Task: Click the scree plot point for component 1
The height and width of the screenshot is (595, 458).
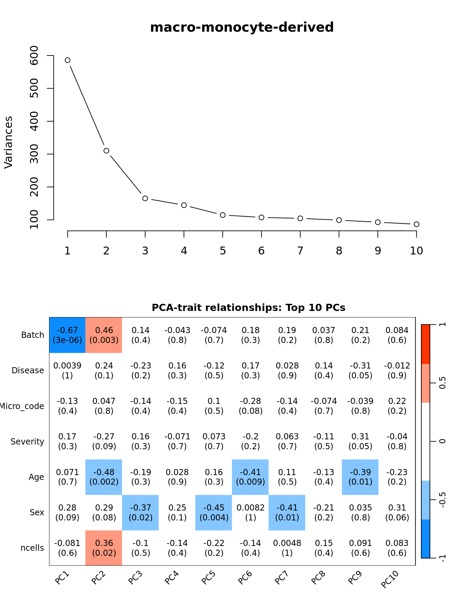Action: [67, 60]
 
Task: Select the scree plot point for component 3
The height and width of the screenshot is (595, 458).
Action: [145, 198]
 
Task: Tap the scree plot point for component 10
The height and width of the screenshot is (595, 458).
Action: [416, 224]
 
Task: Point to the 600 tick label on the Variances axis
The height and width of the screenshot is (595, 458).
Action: [34, 55]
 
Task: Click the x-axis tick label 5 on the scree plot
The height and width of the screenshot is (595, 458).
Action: [223, 251]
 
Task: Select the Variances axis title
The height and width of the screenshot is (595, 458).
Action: [8, 142]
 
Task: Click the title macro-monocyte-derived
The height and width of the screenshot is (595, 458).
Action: [242, 27]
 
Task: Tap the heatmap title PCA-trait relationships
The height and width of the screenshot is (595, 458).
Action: [248, 308]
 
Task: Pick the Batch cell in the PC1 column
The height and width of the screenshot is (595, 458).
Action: [67, 335]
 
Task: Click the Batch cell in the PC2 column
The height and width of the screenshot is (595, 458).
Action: [104, 335]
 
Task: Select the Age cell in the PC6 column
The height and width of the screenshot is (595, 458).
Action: [250, 477]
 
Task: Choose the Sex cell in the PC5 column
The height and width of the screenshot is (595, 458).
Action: [214, 513]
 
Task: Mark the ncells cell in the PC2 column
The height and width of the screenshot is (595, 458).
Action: [104, 548]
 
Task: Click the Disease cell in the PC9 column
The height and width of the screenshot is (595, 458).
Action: [360, 371]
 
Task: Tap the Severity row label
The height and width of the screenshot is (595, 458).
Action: [27, 442]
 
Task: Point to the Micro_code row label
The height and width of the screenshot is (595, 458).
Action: [22, 406]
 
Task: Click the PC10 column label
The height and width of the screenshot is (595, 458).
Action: [390, 579]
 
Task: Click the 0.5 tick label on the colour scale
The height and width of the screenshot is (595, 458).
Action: [442, 383]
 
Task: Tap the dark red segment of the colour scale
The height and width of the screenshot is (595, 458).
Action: [426, 344]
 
